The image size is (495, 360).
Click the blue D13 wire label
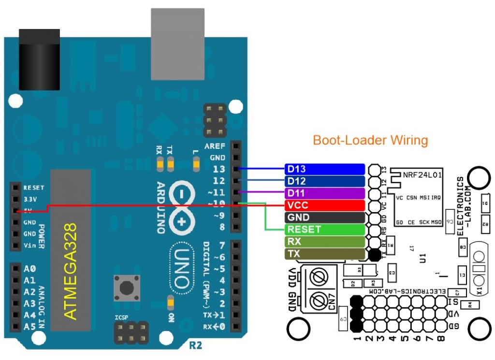(x=324, y=169)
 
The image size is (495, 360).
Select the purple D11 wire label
(x=324, y=193)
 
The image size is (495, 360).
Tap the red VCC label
(x=324, y=205)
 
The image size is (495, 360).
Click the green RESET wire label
(x=324, y=230)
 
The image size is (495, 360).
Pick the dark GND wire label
(x=324, y=217)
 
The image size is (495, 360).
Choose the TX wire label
(x=324, y=254)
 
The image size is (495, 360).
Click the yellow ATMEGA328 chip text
(x=71, y=271)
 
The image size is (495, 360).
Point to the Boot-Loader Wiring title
(x=370, y=141)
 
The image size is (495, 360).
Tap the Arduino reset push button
(x=126, y=288)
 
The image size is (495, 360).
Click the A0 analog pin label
(x=29, y=269)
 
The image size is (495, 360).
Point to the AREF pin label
(x=215, y=146)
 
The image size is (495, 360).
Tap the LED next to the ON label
(x=169, y=304)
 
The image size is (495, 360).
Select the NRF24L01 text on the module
(x=422, y=174)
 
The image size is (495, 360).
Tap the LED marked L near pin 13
(x=196, y=165)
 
